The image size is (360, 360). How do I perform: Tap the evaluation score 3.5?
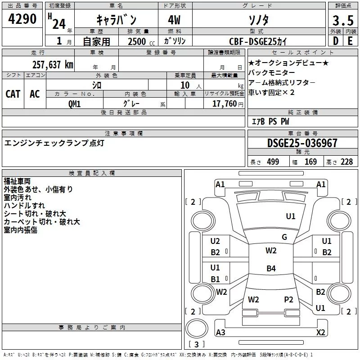(342, 21)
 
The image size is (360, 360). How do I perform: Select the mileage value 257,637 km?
(52, 64)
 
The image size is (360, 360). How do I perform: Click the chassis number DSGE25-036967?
(302, 143)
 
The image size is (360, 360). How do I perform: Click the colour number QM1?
(74, 103)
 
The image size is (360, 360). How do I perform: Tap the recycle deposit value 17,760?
(223, 103)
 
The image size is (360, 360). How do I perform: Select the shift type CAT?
(13, 94)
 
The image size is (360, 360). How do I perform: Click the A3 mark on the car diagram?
(220, 333)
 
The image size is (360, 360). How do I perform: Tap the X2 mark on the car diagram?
(320, 333)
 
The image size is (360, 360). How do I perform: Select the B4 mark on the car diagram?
(271, 269)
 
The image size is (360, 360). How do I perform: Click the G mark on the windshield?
(284, 237)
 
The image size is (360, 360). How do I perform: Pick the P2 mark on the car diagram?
(288, 299)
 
